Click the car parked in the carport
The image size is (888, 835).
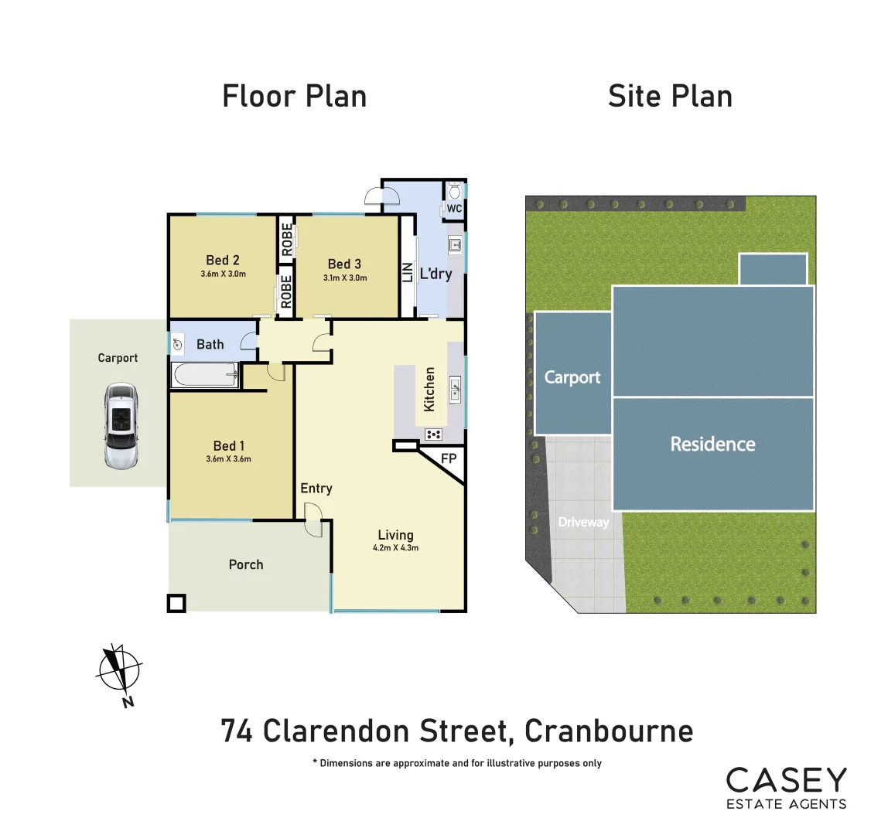tap(121, 426)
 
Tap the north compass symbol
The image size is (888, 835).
tap(118, 670)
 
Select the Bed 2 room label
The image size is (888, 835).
tap(223, 260)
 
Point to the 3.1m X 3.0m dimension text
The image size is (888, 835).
tap(345, 278)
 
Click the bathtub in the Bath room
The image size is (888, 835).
tap(205, 377)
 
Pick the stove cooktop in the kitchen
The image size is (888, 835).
tap(433, 435)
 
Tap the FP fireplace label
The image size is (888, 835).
tap(449, 458)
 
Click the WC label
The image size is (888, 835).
tap(454, 209)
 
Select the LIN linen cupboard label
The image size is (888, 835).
tap(407, 272)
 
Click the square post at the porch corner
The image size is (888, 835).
tap(177, 603)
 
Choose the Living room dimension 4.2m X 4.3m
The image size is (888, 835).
tap(395, 548)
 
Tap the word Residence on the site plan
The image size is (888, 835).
tap(712, 444)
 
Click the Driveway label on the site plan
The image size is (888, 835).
tap(583, 522)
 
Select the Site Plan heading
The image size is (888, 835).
tap(670, 96)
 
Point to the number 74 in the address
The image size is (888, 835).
tap(237, 731)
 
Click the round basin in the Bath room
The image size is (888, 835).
tap(178, 345)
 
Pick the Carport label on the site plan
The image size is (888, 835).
tap(572, 377)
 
